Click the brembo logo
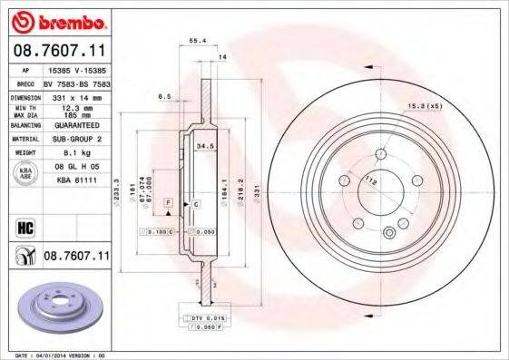[x=56, y=20]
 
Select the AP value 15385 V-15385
[x=76, y=68]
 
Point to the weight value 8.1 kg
[x=64, y=153]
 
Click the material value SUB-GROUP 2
[x=72, y=139]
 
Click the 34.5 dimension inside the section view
[x=204, y=144]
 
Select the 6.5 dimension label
[x=164, y=96]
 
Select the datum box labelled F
[x=169, y=199]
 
